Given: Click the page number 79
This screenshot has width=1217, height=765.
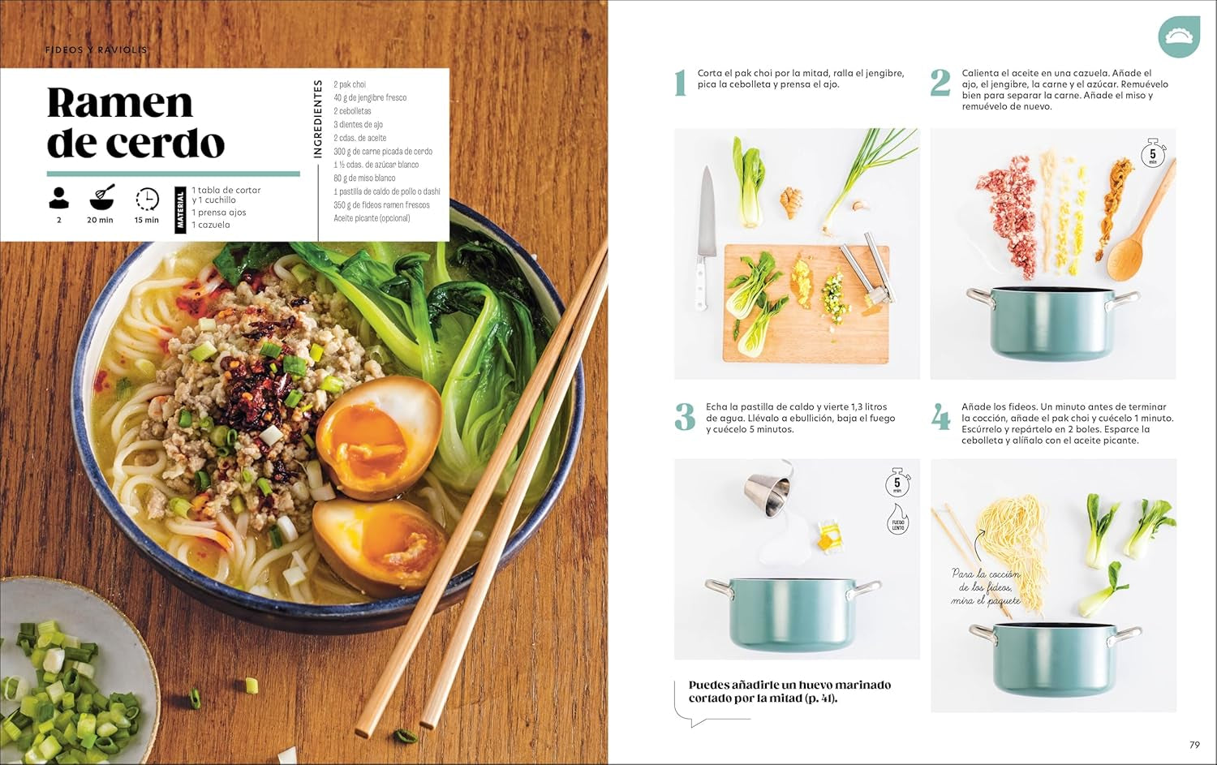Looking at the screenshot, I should pyautogui.click(x=1193, y=745).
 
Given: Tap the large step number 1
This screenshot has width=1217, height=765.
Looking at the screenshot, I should pyautogui.click(x=681, y=83).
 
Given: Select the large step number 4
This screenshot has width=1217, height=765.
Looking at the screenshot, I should pyautogui.click(x=940, y=418).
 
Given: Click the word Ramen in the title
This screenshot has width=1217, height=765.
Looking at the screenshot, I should pyautogui.click(x=120, y=103).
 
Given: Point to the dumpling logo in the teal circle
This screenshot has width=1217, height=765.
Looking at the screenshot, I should pyautogui.click(x=1178, y=37).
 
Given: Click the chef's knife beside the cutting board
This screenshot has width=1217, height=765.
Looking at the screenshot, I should pyautogui.click(x=706, y=235).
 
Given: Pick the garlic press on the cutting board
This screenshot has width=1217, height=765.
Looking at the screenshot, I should pyautogui.click(x=867, y=272).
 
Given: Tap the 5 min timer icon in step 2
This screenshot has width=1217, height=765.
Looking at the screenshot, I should pyautogui.click(x=1153, y=153).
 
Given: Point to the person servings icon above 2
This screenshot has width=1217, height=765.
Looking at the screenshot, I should pyautogui.click(x=58, y=198).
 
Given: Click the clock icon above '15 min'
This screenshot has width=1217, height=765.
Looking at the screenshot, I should pyautogui.click(x=147, y=199).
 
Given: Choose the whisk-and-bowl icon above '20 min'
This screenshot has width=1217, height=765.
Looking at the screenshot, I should pyautogui.click(x=101, y=197).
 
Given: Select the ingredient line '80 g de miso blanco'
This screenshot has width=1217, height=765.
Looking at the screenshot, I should pyautogui.click(x=364, y=178).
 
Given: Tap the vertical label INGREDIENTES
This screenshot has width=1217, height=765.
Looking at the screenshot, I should pyautogui.click(x=318, y=118).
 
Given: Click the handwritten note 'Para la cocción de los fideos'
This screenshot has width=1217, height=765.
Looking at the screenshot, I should pyautogui.click(x=986, y=587).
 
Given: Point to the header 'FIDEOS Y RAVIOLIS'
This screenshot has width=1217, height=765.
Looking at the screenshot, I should pyautogui.click(x=96, y=50).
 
